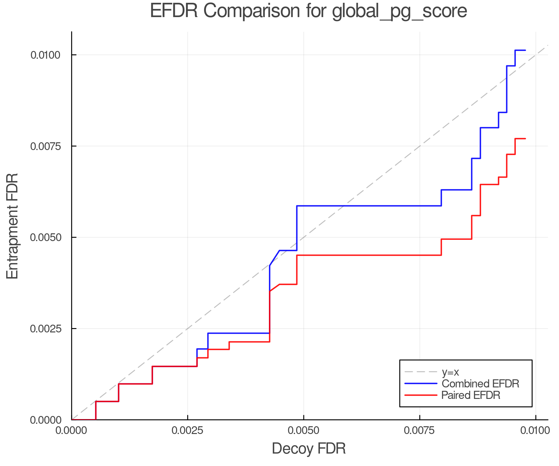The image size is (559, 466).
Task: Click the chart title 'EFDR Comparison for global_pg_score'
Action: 308,11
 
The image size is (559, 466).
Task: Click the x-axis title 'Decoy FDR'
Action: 309,449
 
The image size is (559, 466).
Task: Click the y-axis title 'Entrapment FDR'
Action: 13,226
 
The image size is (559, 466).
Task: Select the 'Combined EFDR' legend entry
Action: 480,384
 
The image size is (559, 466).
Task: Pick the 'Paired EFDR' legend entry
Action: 470,395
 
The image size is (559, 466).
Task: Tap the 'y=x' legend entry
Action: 450,372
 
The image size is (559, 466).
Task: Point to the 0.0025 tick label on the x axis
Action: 188,431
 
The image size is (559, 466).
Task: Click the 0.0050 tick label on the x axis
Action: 303,431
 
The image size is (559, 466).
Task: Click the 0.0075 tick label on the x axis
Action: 420,431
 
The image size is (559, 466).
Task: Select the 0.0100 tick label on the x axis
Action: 535,431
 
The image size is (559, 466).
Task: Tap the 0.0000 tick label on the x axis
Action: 72,431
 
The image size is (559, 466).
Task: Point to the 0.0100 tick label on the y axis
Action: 45,55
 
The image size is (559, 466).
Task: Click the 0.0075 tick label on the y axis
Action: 45,146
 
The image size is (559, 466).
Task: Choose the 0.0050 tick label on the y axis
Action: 45,237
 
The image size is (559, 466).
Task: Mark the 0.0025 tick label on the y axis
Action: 45,329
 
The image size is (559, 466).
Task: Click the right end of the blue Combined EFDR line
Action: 525,50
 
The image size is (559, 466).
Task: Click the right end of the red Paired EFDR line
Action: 525,139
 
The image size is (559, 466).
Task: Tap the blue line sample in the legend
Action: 421,384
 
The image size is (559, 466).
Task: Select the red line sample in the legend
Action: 421,395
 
